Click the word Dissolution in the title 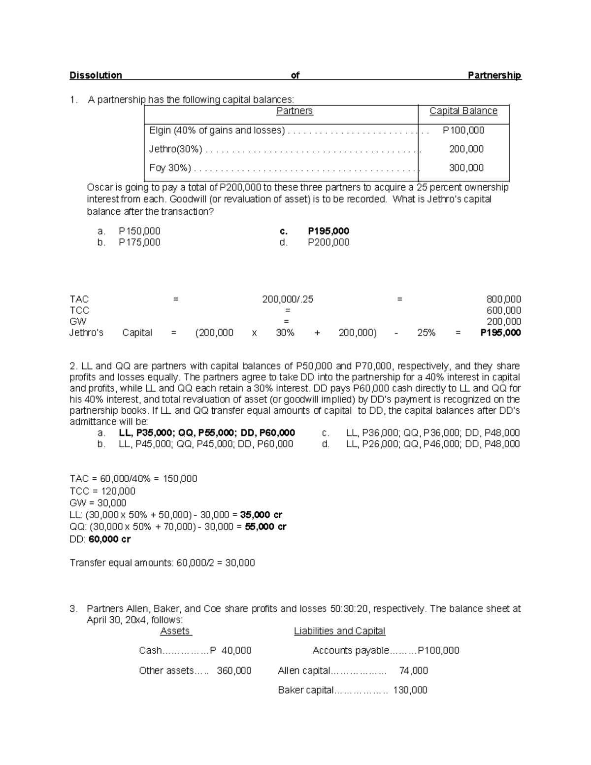pyautogui.click(x=96, y=75)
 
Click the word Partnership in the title pyautogui.click(x=494, y=75)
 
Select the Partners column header pyautogui.click(x=294, y=111)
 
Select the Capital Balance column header pyautogui.click(x=463, y=111)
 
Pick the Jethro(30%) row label pyautogui.click(x=175, y=149)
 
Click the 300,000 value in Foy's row pyautogui.click(x=466, y=168)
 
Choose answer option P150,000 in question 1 pyautogui.click(x=139, y=231)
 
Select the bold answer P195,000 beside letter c pyautogui.click(x=328, y=231)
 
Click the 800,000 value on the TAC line pyautogui.click(x=503, y=299)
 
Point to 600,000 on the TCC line pyautogui.click(x=503, y=310)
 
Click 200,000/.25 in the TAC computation pyautogui.click(x=288, y=299)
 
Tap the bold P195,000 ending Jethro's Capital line pyautogui.click(x=500, y=333)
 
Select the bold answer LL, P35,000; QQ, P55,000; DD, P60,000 pyautogui.click(x=207, y=433)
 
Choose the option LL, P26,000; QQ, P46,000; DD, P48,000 pyautogui.click(x=432, y=444)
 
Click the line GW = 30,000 pyautogui.click(x=98, y=503)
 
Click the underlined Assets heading pyautogui.click(x=175, y=631)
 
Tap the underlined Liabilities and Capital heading pyautogui.click(x=339, y=631)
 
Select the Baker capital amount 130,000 pyautogui.click(x=410, y=690)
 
